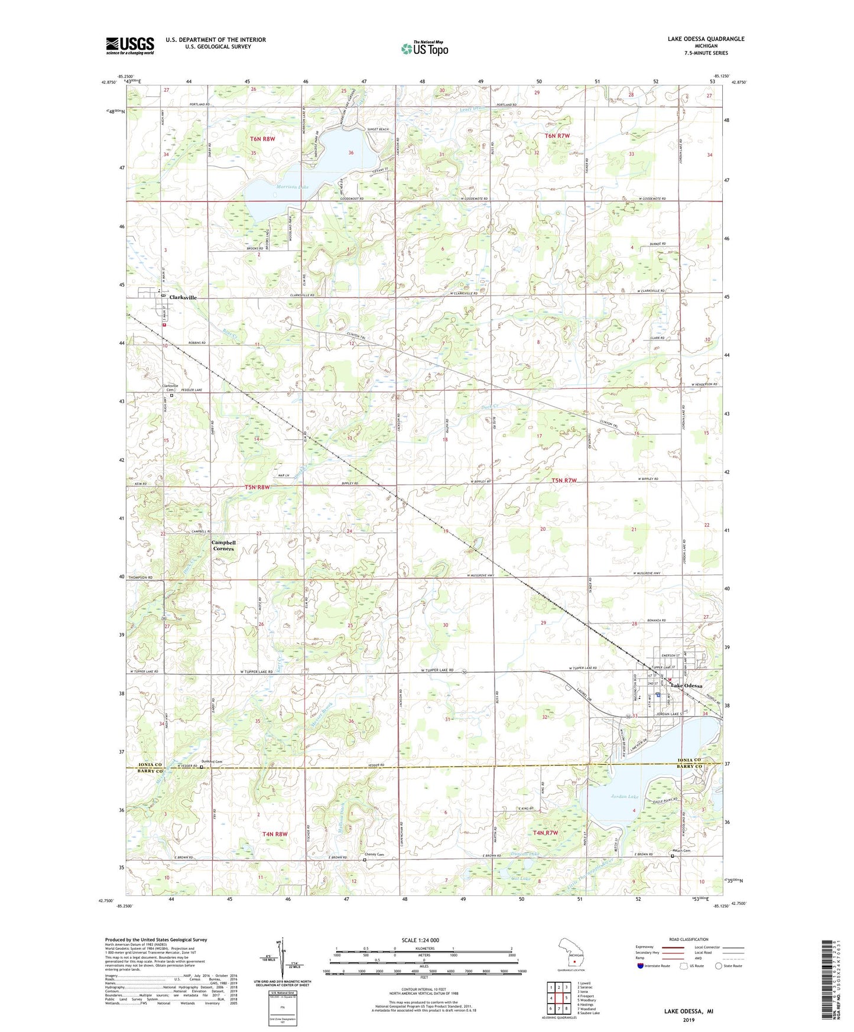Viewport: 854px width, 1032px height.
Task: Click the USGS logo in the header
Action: (130, 46)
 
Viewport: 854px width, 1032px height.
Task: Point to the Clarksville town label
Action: (183, 297)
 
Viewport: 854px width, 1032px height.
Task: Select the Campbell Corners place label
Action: (223, 546)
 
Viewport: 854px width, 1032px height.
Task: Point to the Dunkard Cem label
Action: (212, 761)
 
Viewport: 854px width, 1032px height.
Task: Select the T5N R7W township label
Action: (564, 481)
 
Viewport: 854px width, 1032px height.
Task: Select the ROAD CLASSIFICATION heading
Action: (689, 939)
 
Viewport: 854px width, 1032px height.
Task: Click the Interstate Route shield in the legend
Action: (641, 966)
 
